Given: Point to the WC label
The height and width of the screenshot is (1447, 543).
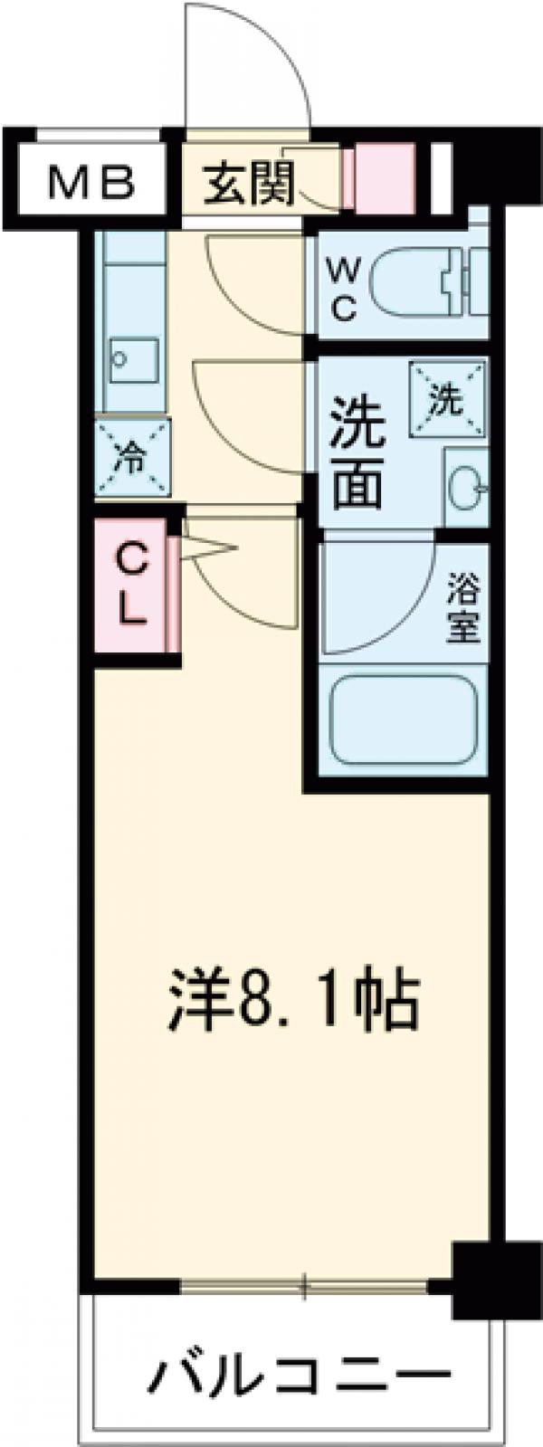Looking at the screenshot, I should coord(343,289).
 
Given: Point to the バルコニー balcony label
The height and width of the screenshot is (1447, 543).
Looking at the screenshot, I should coord(300,1376).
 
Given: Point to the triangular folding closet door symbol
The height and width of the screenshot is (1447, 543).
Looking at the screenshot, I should coord(209,549).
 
